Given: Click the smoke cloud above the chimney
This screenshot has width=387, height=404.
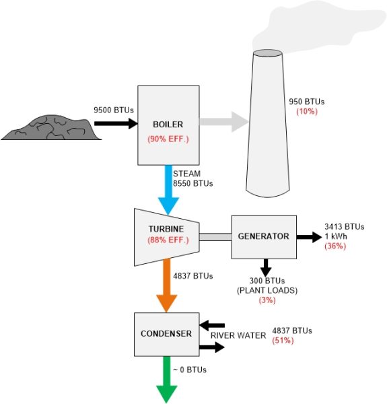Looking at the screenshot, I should (x=303, y=27).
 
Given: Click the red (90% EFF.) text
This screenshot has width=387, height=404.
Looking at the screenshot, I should (x=166, y=139).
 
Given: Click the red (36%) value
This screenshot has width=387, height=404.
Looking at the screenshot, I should (x=335, y=246).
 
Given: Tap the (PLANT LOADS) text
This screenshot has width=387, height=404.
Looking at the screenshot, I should (x=267, y=291).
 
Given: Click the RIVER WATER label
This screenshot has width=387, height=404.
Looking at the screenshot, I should (x=235, y=335).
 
